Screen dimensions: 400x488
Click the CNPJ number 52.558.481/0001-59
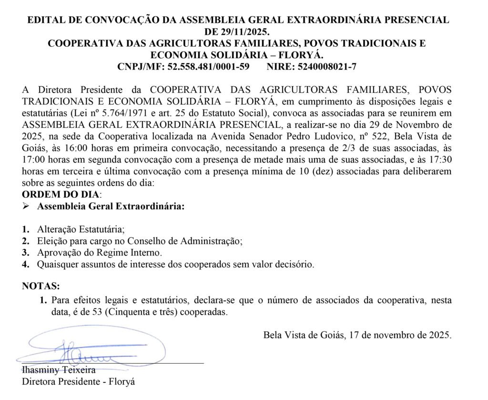point(208,67)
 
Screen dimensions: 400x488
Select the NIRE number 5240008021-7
point(328,67)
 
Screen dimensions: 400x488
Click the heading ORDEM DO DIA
point(61,195)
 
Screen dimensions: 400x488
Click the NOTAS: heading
point(41,286)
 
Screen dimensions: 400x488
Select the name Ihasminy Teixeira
point(59,370)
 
